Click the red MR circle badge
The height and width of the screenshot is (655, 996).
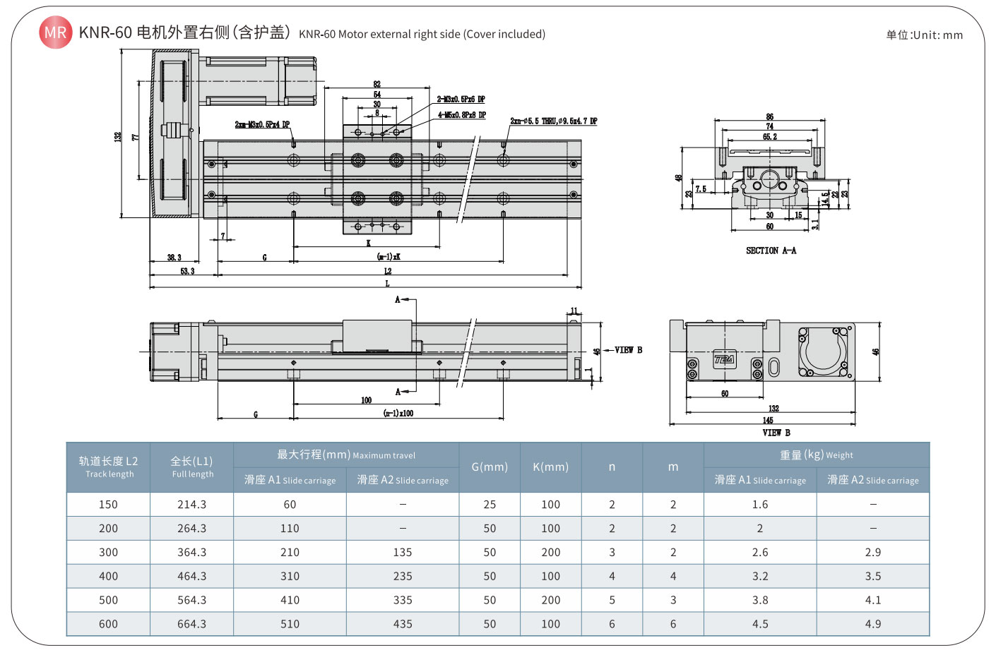55,32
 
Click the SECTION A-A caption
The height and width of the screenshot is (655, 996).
771,251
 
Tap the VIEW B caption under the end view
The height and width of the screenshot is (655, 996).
776,433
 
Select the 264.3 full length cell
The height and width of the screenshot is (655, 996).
191,529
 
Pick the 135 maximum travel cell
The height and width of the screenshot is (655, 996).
402,553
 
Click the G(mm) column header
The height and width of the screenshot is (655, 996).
490,467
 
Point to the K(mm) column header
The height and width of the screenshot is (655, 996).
550,467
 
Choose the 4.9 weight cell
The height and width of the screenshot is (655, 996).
872,624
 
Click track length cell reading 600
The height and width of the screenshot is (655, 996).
108,624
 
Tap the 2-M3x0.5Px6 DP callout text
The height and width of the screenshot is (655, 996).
461,100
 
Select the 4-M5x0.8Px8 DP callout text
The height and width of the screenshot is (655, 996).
461,115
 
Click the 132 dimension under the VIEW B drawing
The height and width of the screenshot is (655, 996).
773,409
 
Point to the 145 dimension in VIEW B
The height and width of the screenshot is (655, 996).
767,421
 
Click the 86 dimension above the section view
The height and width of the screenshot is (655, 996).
769,117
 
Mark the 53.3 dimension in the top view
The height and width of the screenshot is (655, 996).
187,271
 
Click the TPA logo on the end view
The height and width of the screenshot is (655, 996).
724,359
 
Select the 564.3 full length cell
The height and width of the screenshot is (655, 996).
191,601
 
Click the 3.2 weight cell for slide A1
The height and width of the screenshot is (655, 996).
759,577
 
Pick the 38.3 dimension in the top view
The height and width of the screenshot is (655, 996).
174,258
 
